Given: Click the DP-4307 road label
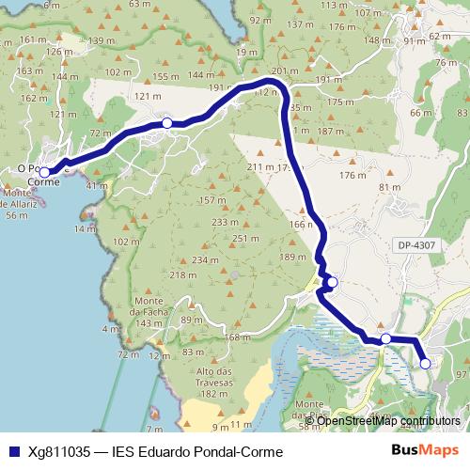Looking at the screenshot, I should (x=416, y=245).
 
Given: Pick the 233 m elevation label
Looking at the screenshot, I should (x=225, y=223).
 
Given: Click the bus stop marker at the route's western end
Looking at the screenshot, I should (x=44, y=173).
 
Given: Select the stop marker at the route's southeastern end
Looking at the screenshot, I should (x=425, y=363).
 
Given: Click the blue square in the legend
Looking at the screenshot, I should (x=12, y=450).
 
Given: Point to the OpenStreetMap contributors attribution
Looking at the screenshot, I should (x=388, y=421).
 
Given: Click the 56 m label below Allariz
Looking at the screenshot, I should (x=16, y=214).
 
